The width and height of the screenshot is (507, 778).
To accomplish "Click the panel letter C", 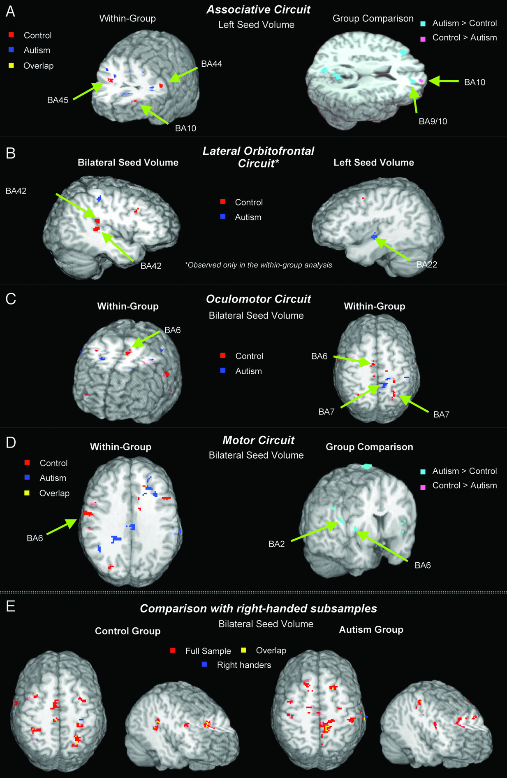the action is pyautogui.click(x=11, y=298).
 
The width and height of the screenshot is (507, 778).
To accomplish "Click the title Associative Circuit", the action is pyautogui.click(x=258, y=9).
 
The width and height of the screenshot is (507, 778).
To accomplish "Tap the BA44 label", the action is pyautogui.click(x=211, y=64).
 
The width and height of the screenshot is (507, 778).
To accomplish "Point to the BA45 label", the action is pyautogui.click(x=58, y=100).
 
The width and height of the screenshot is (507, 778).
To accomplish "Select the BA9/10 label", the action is pyautogui.click(x=433, y=121).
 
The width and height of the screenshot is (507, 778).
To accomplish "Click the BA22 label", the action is pyautogui.click(x=426, y=264).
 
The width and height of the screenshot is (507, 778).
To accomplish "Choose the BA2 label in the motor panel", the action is pyautogui.click(x=276, y=544).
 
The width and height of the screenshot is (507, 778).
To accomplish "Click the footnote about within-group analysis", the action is pyautogui.click(x=259, y=265).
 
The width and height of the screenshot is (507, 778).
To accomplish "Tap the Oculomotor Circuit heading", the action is pyautogui.click(x=258, y=299).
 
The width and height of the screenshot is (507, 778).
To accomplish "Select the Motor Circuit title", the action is pyautogui.click(x=258, y=440).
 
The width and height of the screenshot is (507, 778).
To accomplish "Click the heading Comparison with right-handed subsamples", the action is pyautogui.click(x=258, y=608).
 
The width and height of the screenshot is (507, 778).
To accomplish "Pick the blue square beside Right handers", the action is pyautogui.click(x=204, y=664).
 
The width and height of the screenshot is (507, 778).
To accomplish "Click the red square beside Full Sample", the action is pyautogui.click(x=173, y=650).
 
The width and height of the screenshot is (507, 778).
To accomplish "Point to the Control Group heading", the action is pyautogui.click(x=127, y=631).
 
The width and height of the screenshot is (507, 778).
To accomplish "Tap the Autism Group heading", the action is pyautogui.click(x=371, y=629).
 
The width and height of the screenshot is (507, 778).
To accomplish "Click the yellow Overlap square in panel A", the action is pyautogui.click(x=11, y=65).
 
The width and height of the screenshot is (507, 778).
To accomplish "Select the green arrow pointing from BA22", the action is pyautogui.click(x=392, y=249).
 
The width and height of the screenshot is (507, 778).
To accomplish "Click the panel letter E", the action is pyautogui.click(x=10, y=606).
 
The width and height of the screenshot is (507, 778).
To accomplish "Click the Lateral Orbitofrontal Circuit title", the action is pyautogui.click(x=258, y=157).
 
